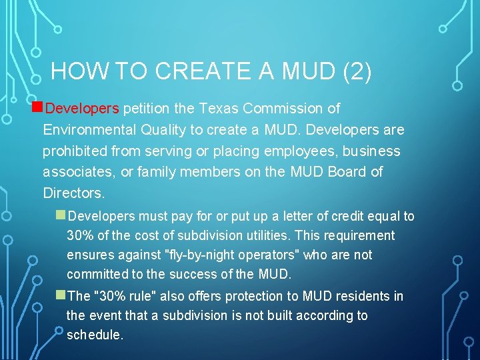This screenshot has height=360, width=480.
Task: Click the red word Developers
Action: (82, 108)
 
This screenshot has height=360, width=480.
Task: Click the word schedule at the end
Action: (94, 335)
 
